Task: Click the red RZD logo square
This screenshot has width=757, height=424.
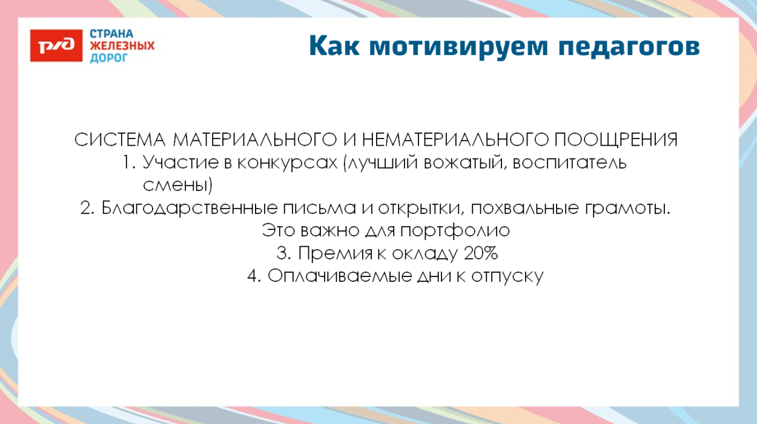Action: click(56, 45)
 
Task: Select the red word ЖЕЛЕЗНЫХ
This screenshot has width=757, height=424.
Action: click(122, 46)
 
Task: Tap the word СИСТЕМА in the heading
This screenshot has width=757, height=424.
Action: click(120, 140)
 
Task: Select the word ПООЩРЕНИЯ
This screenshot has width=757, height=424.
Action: click(617, 140)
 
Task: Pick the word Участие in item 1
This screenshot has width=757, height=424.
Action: click(179, 163)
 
